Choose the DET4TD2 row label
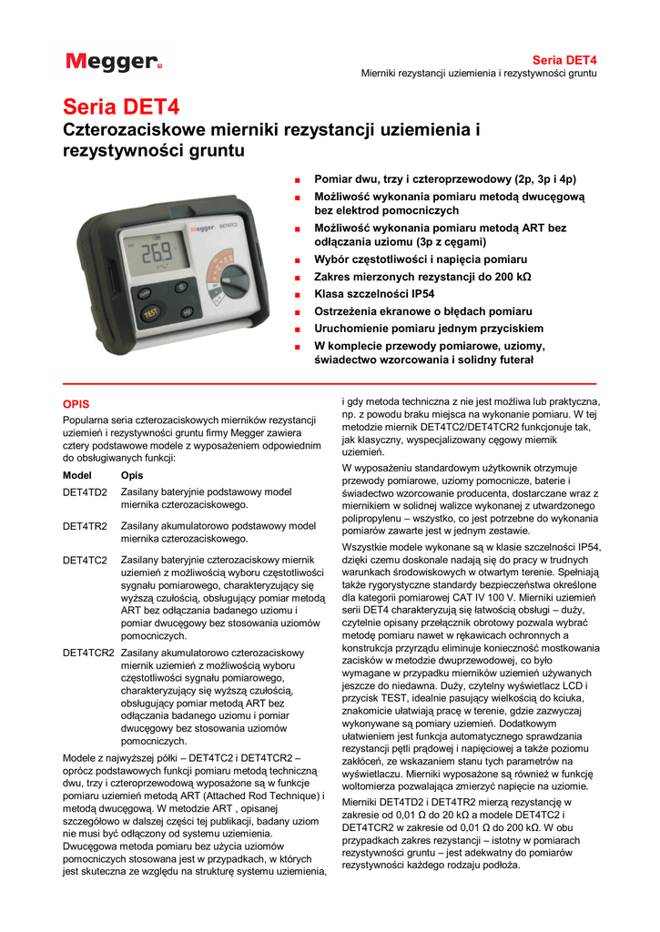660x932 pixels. [85, 491]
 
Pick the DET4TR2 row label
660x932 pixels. [85, 526]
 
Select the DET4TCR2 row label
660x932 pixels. [88, 653]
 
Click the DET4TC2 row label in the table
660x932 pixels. [85, 561]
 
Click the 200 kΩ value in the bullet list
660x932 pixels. [513, 276]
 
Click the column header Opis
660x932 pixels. [132, 475]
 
